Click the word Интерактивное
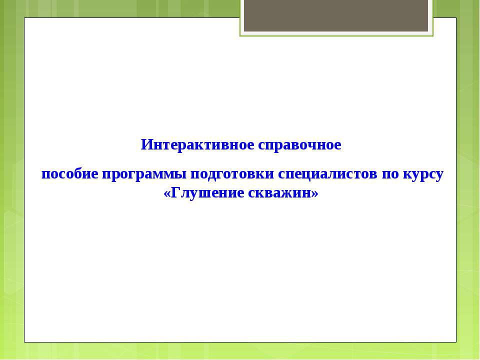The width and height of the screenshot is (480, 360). pos(197,145)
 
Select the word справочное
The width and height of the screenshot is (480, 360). pos(299,145)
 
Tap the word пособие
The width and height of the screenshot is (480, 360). pos(69,174)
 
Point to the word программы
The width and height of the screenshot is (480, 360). pos(145,174)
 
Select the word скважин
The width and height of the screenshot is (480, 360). pos(279,192)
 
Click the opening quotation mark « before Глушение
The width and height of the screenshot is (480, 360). pos(167,192)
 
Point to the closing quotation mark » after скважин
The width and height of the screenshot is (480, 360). pos(315,192)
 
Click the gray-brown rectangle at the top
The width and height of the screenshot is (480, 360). pos(336,15)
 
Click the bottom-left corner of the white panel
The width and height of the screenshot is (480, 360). pos(24,342)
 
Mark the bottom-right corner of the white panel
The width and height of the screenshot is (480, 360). pos(456,342)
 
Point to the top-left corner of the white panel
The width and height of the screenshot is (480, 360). pos(24,18)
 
